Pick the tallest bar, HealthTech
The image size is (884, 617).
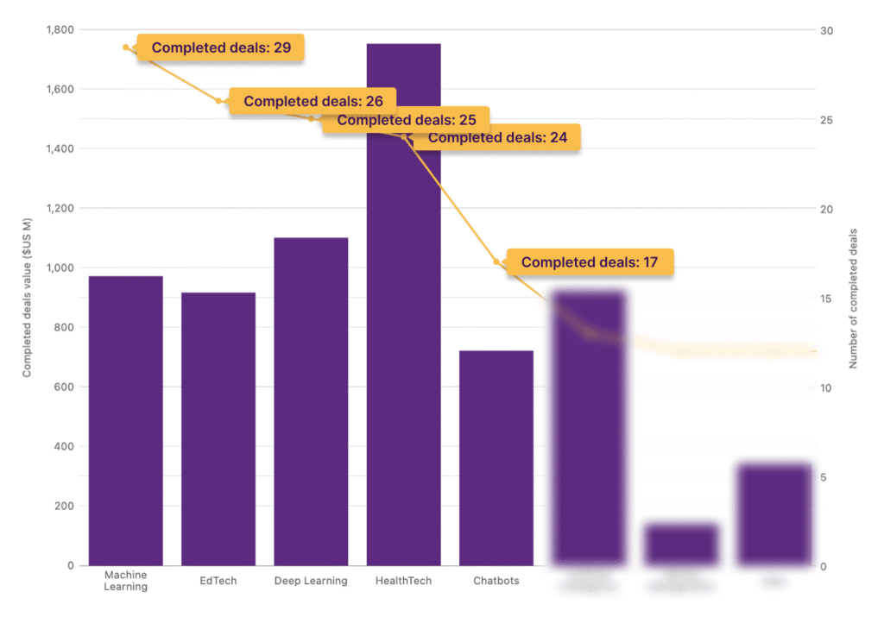click(403, 345)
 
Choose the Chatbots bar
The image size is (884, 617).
click(496, 457)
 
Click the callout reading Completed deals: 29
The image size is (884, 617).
click(221, 47)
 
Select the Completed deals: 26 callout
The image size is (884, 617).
click(313, 101)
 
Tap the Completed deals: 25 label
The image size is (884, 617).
click(406, 120)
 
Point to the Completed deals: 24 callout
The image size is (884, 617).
click(497, 137)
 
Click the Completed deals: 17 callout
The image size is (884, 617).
click(590, 262)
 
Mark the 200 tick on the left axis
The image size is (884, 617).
click(64, 506)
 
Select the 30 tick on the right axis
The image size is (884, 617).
click(827, 30)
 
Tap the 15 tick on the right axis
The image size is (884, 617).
click(826, 299)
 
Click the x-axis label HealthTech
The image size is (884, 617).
click(403, 581)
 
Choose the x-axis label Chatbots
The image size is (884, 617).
click(496, 581)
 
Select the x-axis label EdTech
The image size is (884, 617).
click(218, 581)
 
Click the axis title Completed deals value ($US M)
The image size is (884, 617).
click(27, 298)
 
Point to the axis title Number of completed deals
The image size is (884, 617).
click(854, 299)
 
